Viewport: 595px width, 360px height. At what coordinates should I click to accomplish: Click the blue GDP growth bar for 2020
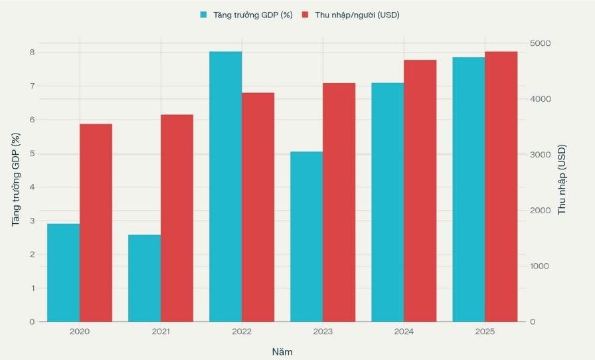click(64, 272)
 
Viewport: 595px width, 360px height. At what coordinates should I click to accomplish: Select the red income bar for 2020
click(96, 223)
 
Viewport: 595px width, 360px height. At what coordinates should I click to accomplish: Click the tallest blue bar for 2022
click(226, 187)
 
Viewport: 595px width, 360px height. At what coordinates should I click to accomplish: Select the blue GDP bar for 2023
click(307, 236)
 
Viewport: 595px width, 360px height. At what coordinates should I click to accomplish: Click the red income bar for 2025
click(501, 187)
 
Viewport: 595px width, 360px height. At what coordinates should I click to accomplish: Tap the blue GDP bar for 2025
click(469, 189)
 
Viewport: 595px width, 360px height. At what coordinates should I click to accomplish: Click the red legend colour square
click(305, 14)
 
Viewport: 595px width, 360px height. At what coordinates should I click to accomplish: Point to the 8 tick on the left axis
click(31, 52)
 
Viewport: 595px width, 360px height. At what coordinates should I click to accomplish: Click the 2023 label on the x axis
click(323, 331)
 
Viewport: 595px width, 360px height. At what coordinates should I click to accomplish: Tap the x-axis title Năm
click(282, 351)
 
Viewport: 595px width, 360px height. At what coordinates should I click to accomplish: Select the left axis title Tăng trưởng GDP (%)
click(16, 179)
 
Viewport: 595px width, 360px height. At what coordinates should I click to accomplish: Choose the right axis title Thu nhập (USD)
click(562, 179)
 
